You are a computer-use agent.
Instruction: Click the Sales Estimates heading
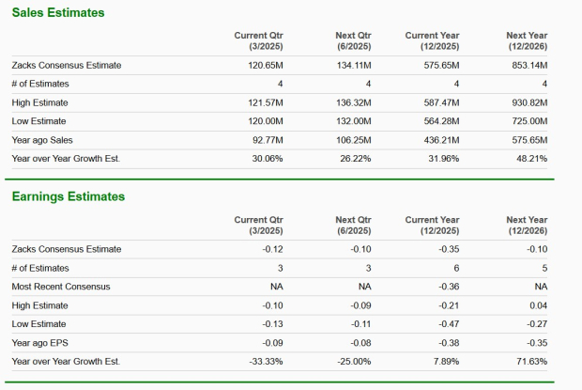click(58, 12)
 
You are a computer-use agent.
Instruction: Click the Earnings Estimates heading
click(68, 196)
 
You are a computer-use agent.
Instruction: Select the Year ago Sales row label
click(43, 140)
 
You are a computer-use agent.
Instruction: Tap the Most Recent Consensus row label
click(61, 287)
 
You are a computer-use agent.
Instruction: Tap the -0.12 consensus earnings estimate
click(272, 249)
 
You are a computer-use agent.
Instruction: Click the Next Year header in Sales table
click(527, 40)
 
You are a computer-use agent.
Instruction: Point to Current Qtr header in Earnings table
click(259, 225)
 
